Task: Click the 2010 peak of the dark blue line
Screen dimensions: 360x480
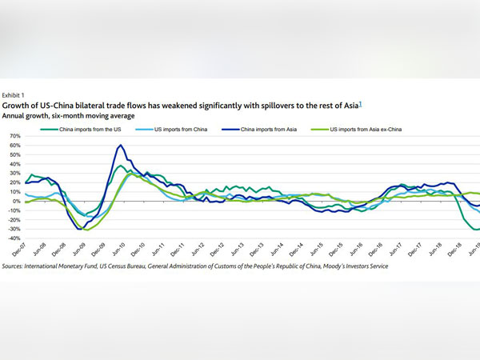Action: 120,146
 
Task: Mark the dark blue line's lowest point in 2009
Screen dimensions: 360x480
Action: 79,229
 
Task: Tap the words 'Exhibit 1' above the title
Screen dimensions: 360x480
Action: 16,93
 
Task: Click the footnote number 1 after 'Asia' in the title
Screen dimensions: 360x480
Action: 362,102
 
